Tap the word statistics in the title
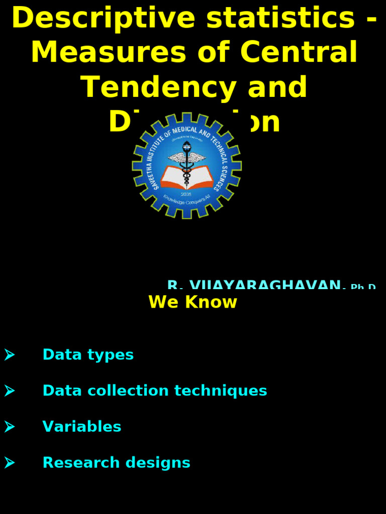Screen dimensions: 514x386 (281, 18)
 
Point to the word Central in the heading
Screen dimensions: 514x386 (299, 52)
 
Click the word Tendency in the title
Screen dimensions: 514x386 (157, 87)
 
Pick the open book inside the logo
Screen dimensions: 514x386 (186, 177)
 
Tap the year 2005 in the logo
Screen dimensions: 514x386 (186, 194)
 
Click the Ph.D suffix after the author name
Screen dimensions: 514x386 (363, 287)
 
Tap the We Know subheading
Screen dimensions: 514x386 (192, 302)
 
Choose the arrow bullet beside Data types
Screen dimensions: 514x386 (10, 355)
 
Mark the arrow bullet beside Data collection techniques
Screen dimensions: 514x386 (10, 391)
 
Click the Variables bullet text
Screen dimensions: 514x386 (82, 427)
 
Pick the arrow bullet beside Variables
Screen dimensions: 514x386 (10, 427)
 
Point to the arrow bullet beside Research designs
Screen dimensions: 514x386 (10, 463)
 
